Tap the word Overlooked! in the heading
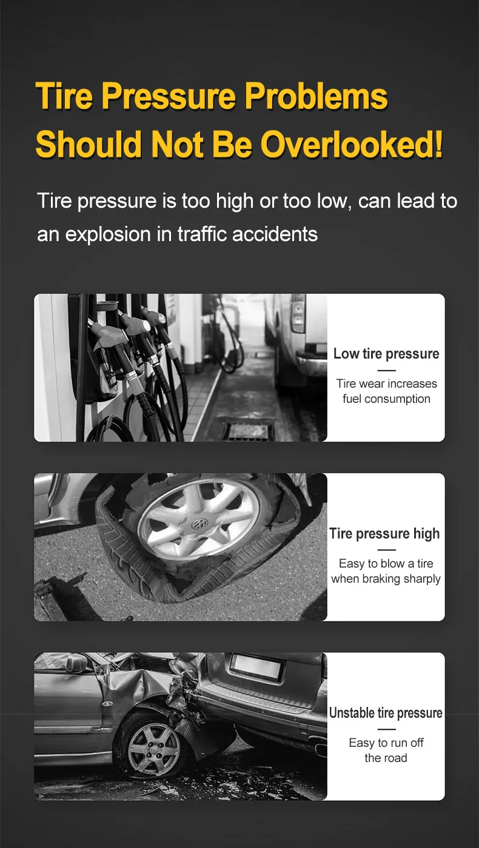pos(351,144)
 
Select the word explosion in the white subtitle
pos(108,234)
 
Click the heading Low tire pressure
pos(386,354)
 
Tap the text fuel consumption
pos(386,399)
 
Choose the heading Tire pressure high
pos(384,534)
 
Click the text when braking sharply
pos(386,579)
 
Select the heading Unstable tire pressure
pos(386,713)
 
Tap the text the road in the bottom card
pos(386,758)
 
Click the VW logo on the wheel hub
pos(199,524)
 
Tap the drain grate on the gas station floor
pos(248,431)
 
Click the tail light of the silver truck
pos(298,313)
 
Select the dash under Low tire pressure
pos(387,370)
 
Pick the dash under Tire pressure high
pos(387,550)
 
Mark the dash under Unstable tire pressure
pos(387,729)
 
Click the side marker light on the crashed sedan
pos(108,703)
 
